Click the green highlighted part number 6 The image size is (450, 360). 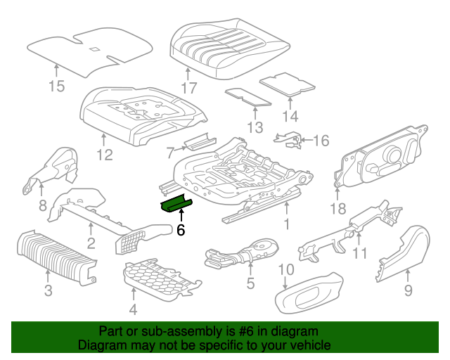(x=176, y=205)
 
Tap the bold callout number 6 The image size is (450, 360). (x=181, y=230)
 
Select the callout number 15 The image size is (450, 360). (x=56, y=86)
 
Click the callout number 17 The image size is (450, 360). (x=189, y=88)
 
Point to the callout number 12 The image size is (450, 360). (x=105, y=155)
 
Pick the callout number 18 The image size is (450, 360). (x=338, y=209)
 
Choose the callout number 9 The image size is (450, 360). (x=408, y=290)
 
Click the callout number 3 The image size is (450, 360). (x=49, y=290)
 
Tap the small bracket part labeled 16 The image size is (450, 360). (x=288, y=141)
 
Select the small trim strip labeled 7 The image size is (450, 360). (x=200, y=141)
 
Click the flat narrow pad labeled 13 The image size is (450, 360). (x=248, y=97)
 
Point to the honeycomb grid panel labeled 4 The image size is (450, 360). (x=162, y=277)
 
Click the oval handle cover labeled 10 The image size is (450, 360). (x=309, y=292)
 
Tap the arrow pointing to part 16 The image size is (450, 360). (x=306, y=140)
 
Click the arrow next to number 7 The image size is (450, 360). (x=180, y=148)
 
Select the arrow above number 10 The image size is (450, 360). (x=285, y=283)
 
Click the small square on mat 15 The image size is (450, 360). (x=94, y=49)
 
